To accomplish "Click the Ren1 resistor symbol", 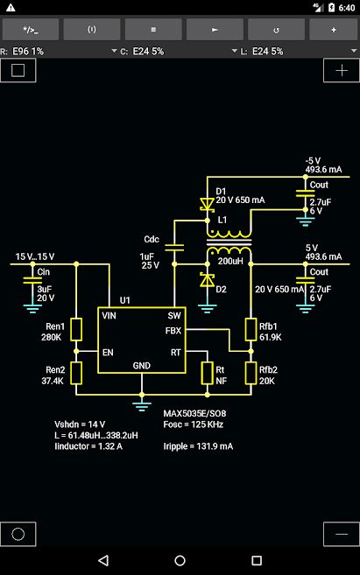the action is click(x=76, y=329).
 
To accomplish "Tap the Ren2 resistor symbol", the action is click(x=76, y=373).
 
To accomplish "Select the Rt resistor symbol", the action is click(x=208, y=373).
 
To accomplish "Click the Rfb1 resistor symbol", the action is click(x=251, y=329).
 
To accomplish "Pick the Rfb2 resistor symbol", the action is click(x=251, y=373).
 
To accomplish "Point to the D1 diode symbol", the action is click(x=207, y=204).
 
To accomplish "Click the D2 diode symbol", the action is click(x=207, y=280).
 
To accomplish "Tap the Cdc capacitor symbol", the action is click(x=174, y=248).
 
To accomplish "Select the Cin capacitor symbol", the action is click(x=32, y=280).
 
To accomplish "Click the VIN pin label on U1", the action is click(x=109, y=315).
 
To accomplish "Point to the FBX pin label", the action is click(x=173, y=331).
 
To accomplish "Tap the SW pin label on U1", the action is click(x=174, y=315).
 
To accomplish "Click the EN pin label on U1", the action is click(x=108, y=353).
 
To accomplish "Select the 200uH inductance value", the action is click(x=230, y=261).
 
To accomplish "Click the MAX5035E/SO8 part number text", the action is click(x=194, y=413).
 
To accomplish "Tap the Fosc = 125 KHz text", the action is click(x=194, y=424).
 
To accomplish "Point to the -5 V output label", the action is click(x=313, y=161).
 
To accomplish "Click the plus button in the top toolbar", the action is click(x=333, y=30).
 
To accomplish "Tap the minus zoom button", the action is click(x=342, y=534).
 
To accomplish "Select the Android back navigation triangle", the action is click(x=103, y=560).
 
